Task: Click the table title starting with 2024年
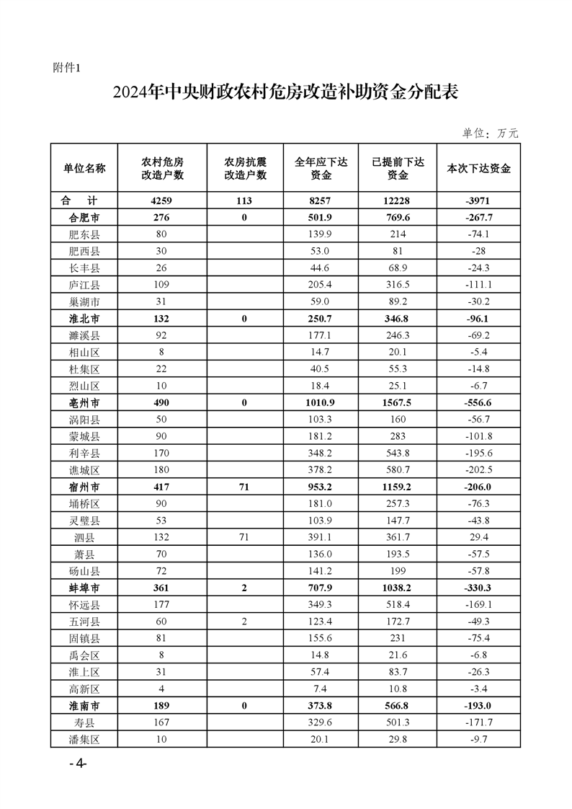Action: pyautogui.click(x=286, y=93)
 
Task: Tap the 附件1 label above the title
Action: pyautogui.click(x=69, y=68)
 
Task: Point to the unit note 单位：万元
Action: pyautogui.click(x=490, y=133)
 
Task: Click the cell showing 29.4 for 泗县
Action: pyautogui.click(x=479, y=536)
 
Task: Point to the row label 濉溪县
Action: pyautogui.click(x=84, y=335)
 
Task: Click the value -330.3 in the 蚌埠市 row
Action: pyautogui.click(x=479, y=588)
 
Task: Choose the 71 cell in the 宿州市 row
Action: pyautogui.click(x=245, y=487)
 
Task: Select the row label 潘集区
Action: pyautogui.click(x=84, y=738)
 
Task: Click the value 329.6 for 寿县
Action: pyautogui.click(x=321, y=722)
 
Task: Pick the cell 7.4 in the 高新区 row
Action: pyautogui.click(x=321, y=688)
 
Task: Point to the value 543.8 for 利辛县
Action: pyautogui.click(x=397, y=453)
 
